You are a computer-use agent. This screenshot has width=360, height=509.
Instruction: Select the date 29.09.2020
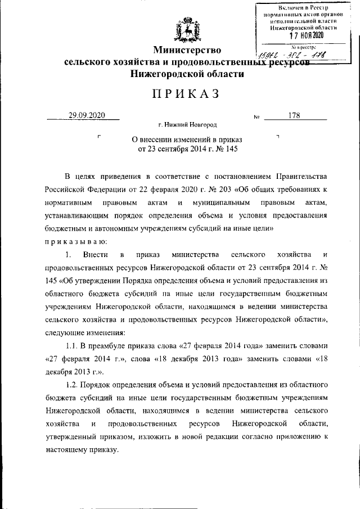(83, 116)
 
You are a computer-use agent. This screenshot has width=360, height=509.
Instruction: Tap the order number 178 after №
(293, 116)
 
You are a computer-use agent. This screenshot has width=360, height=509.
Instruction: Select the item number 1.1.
(73, 344)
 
